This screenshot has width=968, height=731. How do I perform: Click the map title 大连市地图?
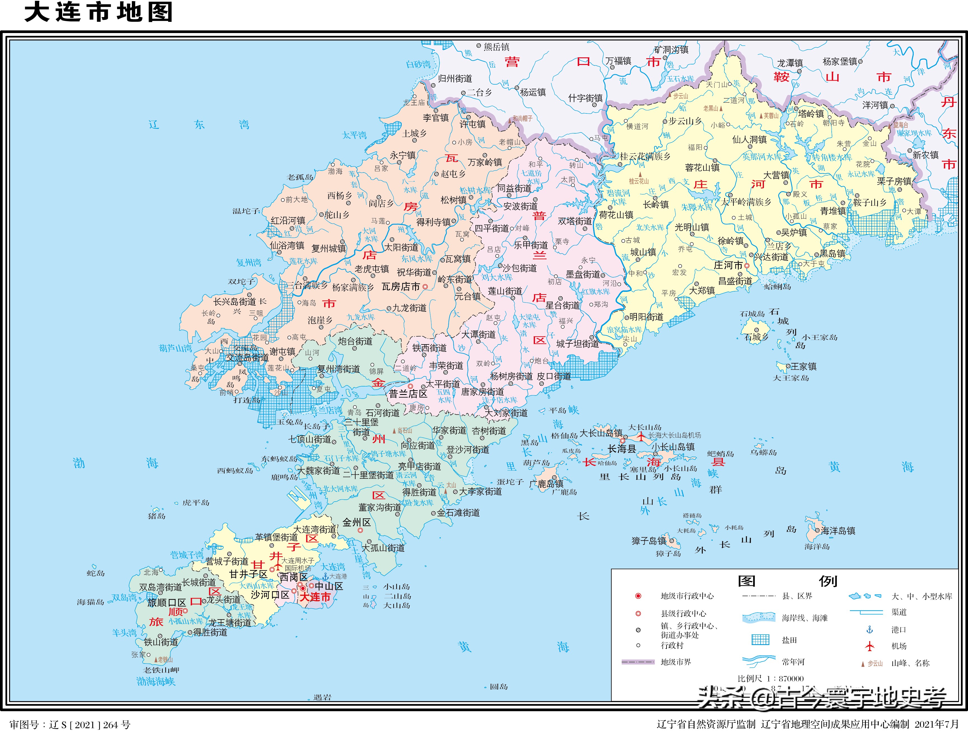click(99, 12)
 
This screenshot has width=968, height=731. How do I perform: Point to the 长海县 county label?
click(621, 449)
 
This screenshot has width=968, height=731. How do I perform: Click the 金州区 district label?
click(356, 522)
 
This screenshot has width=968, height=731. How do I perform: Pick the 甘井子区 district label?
click(248, 574)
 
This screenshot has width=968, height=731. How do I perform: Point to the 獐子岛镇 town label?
click(649, 541)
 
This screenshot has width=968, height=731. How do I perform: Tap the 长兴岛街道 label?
click(235, 302)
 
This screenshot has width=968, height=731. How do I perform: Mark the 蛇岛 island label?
click(96, 573)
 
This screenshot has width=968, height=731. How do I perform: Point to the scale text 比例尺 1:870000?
click(771, 678)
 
